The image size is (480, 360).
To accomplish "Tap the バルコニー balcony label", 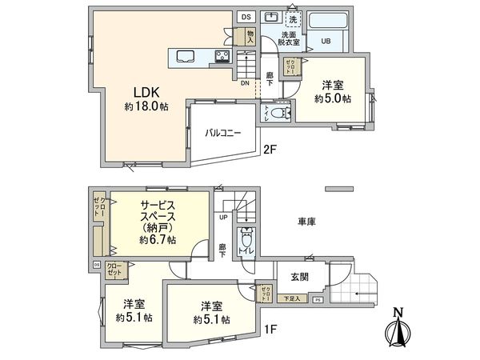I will click(222, 132).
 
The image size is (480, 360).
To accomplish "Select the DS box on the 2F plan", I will click(246, 17).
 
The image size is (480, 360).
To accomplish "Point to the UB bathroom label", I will click(326, 41).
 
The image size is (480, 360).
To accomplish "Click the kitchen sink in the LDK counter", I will click(182, 56).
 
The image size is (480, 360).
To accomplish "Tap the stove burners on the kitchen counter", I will click(222, 56).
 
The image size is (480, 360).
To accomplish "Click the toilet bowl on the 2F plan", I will click(278, 114).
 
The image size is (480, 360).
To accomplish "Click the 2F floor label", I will click(270, 149).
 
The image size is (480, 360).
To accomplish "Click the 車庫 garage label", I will click(306, 221).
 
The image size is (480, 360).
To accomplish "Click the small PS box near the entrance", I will click(317, 300).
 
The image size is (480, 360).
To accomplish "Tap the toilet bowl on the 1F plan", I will click(247, 238).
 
